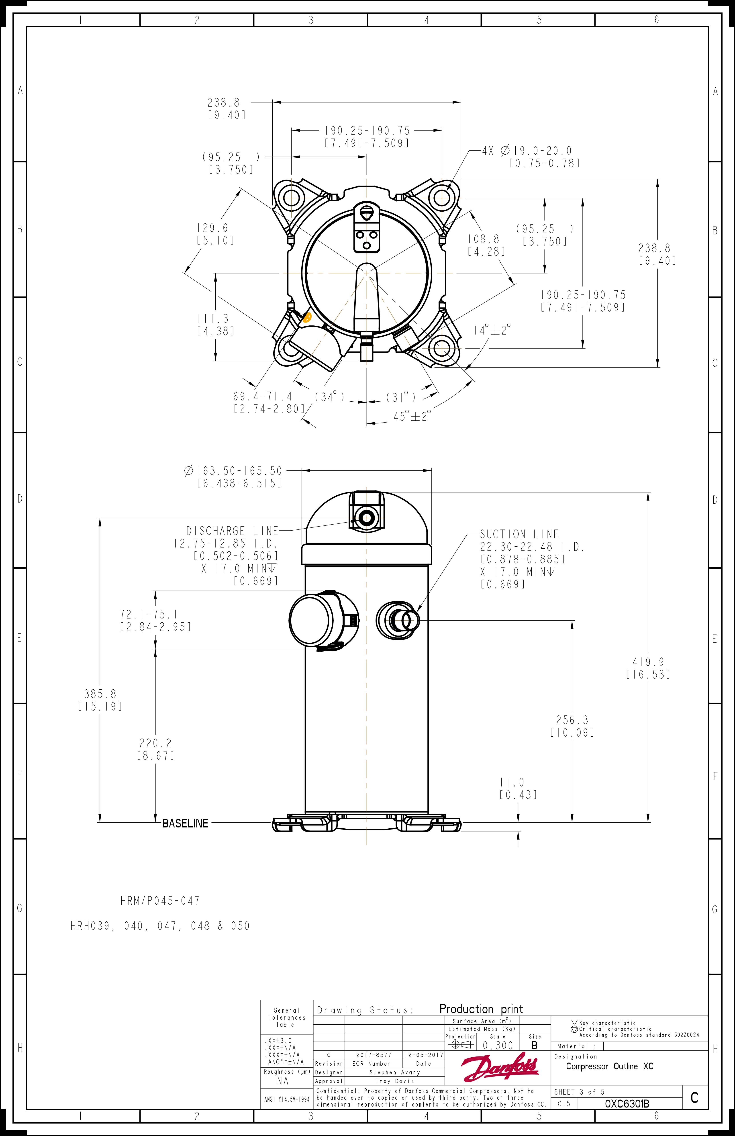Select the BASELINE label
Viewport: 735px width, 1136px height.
point(185,823)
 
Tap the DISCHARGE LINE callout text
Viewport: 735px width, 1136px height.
point(232,531)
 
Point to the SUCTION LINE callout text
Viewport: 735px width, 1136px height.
point(519,534)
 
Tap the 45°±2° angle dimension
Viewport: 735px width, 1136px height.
point(412,416)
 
